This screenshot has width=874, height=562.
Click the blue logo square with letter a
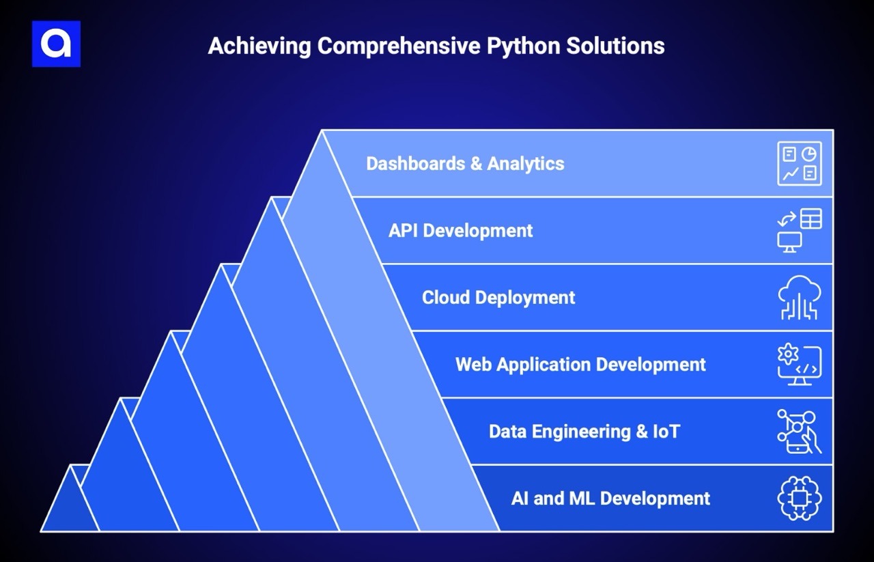pos(56,44)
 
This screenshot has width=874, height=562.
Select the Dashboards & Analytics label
pos(465,164)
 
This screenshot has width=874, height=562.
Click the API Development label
pos(460,231)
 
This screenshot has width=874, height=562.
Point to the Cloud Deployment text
pos(498,298)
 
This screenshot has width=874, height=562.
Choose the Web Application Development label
pos(580,365)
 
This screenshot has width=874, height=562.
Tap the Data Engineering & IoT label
pos(584,432)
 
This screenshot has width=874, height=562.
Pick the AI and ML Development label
pos(610,498)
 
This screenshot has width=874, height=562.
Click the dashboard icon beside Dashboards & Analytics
pos(800,164)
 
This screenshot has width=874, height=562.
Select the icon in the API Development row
pos(800,231)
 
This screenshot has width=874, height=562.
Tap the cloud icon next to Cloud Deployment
pos(800,298)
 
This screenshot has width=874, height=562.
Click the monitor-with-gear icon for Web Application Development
pos(800,365)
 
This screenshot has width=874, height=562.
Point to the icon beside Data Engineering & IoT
pos(800,432)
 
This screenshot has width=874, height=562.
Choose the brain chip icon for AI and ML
pos(800,498)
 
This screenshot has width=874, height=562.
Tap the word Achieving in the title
pos(259,46)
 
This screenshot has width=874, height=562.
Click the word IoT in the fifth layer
pos(664,432)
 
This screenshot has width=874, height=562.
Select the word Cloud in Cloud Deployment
pos(445,298)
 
